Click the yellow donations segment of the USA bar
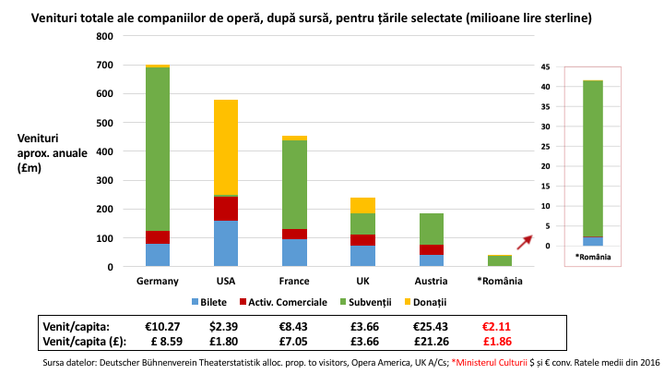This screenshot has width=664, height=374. click(225, 147)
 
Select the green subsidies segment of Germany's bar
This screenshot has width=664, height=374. click(157, 148)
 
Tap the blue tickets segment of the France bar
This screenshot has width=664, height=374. click(294, 253)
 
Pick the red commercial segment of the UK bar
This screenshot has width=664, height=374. click(362, 240)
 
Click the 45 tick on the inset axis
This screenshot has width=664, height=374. click(545, 67)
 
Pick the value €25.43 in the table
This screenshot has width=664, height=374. click(431, 326)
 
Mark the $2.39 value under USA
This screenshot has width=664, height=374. click(225, 326)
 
